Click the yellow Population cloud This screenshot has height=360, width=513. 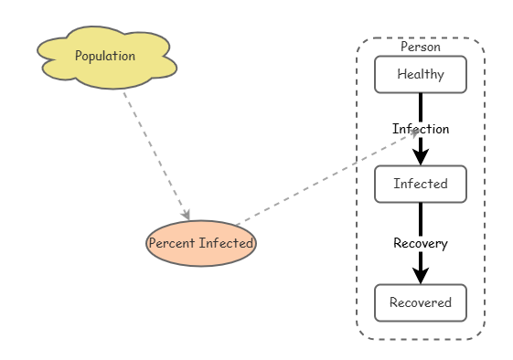pyautogui.click(x=107, y=58)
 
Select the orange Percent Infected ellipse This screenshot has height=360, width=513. pyautogui.click(x=201, y=243)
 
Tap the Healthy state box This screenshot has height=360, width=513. pyautogui.click(x=421, y=75)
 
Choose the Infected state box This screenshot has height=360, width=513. pyautogui.click(x=421, y=184)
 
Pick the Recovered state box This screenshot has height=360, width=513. pyautogui.click(x=421, y=302)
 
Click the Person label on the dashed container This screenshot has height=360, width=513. pyautogui.click(x=421, y=48)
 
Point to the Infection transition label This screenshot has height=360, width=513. pyautogui.click(x=421, y=129)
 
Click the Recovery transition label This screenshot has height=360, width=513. pyautogui.click(x=421, y=243)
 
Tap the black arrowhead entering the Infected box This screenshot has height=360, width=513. pyautogui.click(x=421, y=157)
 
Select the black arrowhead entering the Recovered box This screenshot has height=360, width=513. pyautogui.click(x=421, y=276)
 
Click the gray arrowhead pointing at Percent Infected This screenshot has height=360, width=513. pyautogui.click(x=187, y=215)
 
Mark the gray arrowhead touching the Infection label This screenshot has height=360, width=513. pyautogui.click(x=415, y=132)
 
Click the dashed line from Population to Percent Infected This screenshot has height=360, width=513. pyautogui.click(x=156, y=156)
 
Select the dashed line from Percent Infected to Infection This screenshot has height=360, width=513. pyautogui.click(x=327, y=178)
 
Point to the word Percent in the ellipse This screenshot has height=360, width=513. pyautogui.click(x=172, y=243)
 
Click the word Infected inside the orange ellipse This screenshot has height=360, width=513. pyautogui.click(x=226, y=243)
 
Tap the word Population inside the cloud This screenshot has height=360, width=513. pyautogui.click(x=105, y=56)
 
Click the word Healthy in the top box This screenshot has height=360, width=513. pyautogui.click(x=421, y=74)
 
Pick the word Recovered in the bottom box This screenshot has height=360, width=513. pyautogui.click(x=421, y=302)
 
